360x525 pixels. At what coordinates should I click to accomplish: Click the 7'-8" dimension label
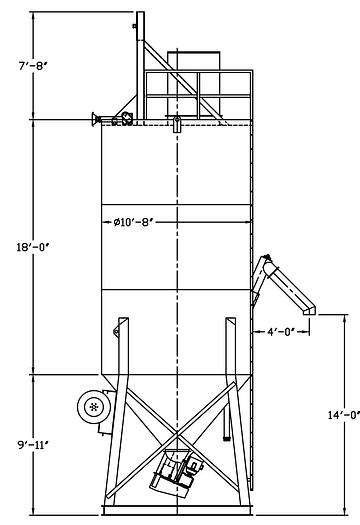32,65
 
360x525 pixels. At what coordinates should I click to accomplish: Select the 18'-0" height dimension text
33,247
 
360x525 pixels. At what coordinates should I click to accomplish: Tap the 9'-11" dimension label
33,445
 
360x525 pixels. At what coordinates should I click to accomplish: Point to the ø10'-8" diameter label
133,222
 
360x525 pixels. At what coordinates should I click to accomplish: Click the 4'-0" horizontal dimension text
281,332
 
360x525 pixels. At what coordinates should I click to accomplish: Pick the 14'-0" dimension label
344,415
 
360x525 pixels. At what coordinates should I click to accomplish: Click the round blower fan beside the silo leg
94,407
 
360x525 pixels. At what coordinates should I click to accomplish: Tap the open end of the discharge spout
309,311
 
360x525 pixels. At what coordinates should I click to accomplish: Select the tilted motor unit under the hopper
176,472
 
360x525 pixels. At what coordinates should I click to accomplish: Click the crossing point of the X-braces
177,435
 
